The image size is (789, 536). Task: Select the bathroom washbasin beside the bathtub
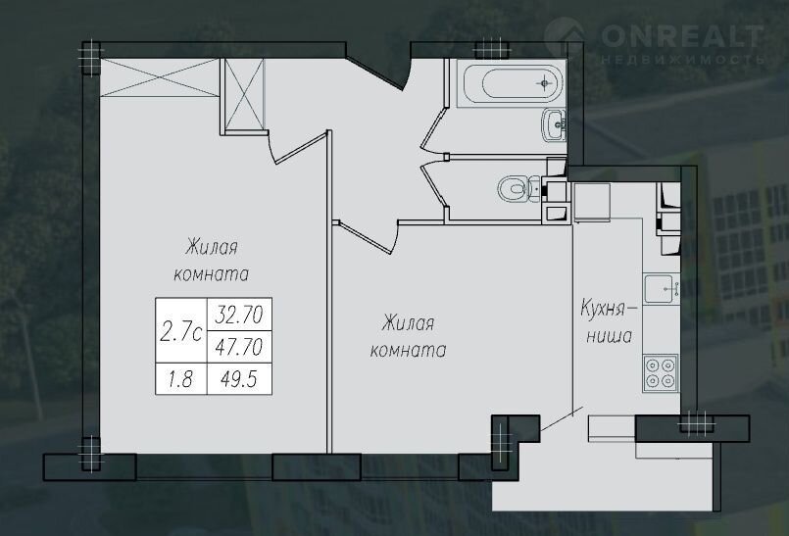[x=554, y=124]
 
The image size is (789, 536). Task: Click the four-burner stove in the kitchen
[x=661, y=373]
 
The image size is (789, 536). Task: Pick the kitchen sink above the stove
[x=662, y=288]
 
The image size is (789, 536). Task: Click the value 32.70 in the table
[x=239, y=315]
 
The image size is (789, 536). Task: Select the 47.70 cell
[x=239, y=347]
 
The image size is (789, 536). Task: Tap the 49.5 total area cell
[x=239, y=379]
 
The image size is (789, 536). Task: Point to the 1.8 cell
[x=180, y=379]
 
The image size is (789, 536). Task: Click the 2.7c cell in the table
[x=181, y=331]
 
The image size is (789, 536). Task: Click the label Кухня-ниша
[x=609, y=321]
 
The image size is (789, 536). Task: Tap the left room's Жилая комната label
[x=212, y=261]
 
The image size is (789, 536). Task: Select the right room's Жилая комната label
[x=408, y=336]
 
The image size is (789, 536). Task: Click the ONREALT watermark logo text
[x=682, y=35]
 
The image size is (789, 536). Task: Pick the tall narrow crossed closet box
[x=243, y=96]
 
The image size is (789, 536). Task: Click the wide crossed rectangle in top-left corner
[x=160, y=77]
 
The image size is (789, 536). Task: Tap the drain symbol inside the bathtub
[x=544, y=83]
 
